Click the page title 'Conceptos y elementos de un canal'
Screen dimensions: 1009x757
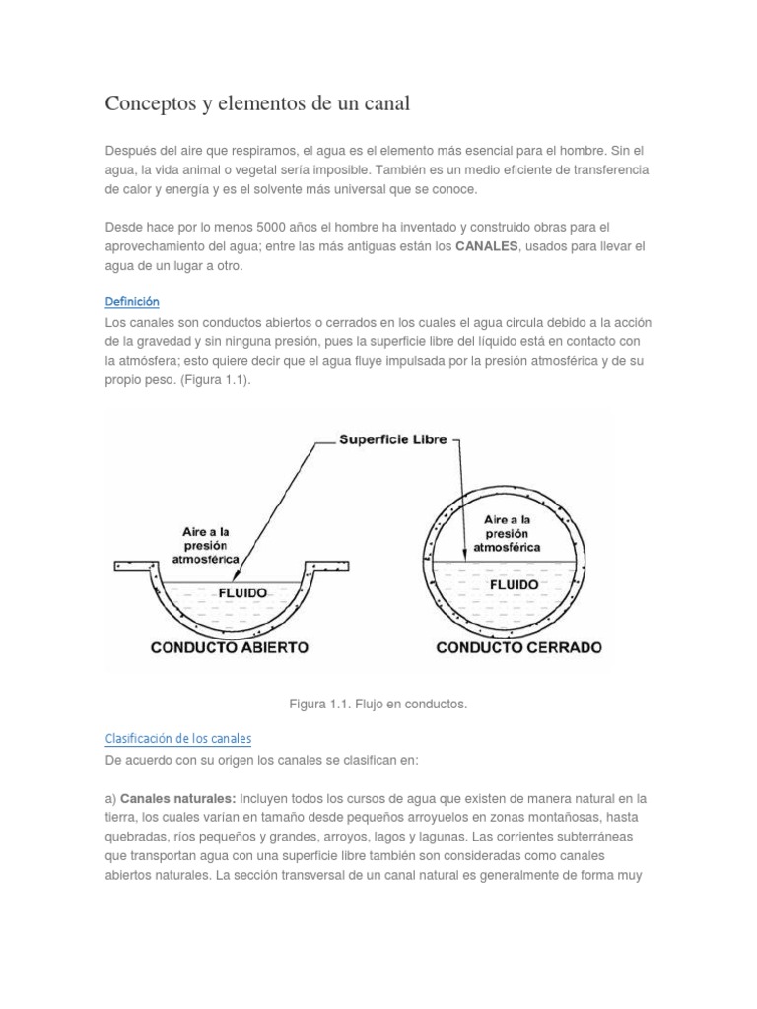pyautogui.click(x=256, y=103)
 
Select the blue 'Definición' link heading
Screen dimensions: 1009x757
pyautogui.click(x=131, y=302)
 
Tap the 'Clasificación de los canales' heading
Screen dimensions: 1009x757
pyautogui.click(x=178, y=738)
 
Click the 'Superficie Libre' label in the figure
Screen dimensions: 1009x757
pyautogui.click(x=393, y=440)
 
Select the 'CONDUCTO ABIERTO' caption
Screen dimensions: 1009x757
pyautogui.click(x=229, y=647)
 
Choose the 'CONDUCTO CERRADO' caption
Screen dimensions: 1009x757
pyautogui.click(x=518, y=647)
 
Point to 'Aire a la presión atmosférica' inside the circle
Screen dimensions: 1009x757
pyautogui.click(x=507, y=533)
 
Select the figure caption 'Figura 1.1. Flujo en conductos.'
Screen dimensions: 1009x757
pyautogui.click(x=378, y=705)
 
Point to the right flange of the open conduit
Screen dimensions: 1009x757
pyautogui.click(x=328, y=567)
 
